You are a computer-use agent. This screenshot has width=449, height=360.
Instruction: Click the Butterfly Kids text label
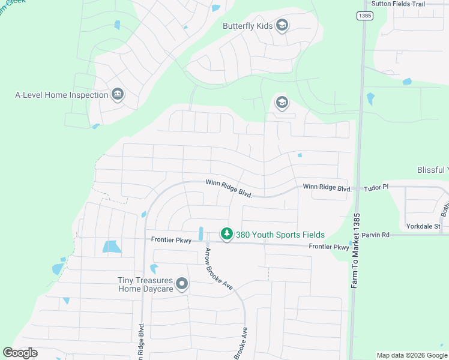(248, 26)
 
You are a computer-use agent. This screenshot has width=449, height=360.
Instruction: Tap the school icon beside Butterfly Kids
(282, 25)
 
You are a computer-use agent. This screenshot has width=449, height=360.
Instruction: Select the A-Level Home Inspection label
(61, 95)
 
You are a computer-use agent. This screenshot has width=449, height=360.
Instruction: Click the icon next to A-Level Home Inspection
(118, 94)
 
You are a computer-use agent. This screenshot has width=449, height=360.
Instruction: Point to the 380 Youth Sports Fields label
(280, 235)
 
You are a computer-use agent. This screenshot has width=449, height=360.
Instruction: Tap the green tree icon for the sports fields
(226, 234)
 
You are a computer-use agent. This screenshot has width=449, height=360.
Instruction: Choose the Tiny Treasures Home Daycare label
(145, 284)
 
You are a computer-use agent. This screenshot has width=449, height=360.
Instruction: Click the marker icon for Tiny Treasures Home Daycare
(182, 284)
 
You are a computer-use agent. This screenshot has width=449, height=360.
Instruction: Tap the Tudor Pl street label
(377, 188)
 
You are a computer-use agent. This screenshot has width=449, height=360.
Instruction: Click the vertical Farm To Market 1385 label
(357, 252)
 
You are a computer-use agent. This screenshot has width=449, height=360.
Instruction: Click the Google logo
(20, 353)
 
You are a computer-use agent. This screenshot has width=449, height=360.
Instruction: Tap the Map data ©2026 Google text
(412, 355)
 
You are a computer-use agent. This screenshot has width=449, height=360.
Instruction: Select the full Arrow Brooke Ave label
(218, 269)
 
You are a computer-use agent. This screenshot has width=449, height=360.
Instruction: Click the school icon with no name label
(282, 103)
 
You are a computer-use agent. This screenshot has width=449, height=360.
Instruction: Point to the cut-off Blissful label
(433, 170)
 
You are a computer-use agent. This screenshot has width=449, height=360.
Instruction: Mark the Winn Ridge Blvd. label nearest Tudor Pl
(327, 188)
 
